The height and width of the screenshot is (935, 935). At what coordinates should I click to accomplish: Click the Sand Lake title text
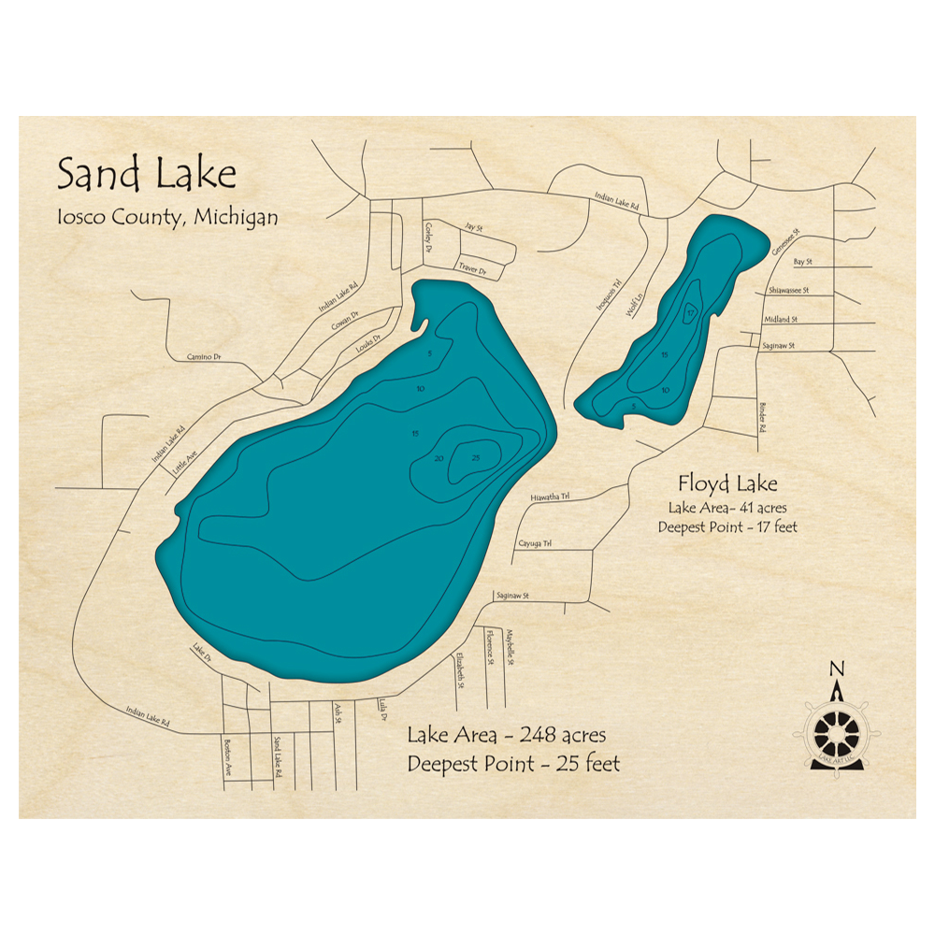pos(146,175)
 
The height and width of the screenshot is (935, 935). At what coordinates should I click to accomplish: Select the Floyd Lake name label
pos(727,483)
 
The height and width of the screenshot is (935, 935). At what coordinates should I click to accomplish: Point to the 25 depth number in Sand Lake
pos(475,457)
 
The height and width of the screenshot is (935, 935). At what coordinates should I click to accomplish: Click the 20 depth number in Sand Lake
pos(439,458)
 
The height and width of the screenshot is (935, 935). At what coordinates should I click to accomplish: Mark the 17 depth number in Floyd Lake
pos(689,312)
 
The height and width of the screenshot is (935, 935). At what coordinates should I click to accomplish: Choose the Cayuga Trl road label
pos(535,543)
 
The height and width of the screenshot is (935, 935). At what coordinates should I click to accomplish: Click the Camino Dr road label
pos(203,356)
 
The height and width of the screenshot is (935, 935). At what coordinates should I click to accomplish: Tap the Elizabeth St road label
pos(459,670)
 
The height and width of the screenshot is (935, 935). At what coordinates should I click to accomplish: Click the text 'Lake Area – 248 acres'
pos(506,733)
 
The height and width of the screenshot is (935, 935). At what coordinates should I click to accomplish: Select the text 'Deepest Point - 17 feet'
pos(726,527)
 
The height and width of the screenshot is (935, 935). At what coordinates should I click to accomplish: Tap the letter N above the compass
pos(837,668)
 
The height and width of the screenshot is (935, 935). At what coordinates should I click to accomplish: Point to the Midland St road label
pos(781,319)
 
